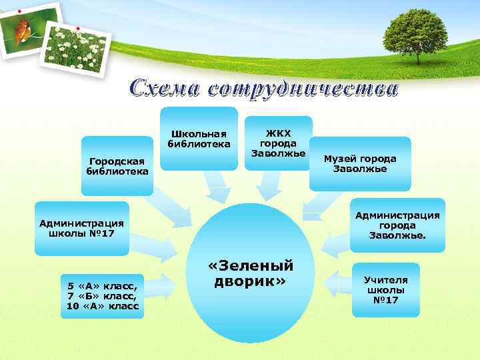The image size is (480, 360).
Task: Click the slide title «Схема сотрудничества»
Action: pos(263,89)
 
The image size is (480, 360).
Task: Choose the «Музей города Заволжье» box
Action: pos(359,163)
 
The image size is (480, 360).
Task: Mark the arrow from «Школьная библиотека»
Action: pos(216,188)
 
